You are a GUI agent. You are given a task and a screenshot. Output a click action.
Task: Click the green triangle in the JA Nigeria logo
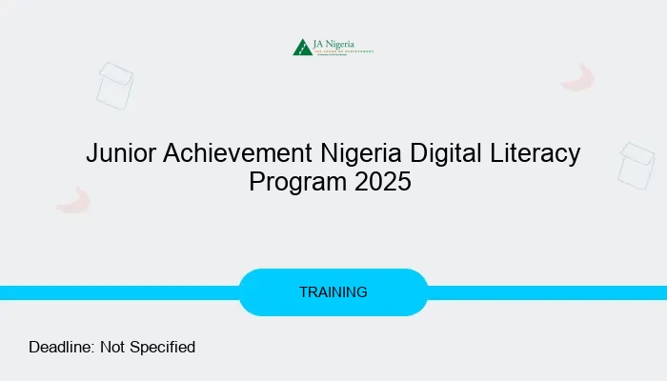(303, 47)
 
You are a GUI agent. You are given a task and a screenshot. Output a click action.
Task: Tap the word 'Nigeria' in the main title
(346, 153)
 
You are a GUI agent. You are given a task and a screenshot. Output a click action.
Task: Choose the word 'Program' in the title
(296, 181)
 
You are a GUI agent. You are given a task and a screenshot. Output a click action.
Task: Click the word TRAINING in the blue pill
(333, 292)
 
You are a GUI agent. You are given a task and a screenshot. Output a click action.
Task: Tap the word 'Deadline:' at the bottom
(61, 347)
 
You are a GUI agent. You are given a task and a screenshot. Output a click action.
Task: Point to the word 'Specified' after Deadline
(161, 347)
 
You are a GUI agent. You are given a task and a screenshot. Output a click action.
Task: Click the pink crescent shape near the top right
(578, 78)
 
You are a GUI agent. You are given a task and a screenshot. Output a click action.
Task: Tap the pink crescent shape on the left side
(72, 200)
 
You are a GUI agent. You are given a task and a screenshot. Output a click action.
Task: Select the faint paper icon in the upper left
(115, 85)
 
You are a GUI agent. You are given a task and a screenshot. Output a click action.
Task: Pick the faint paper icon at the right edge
(637, 165)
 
